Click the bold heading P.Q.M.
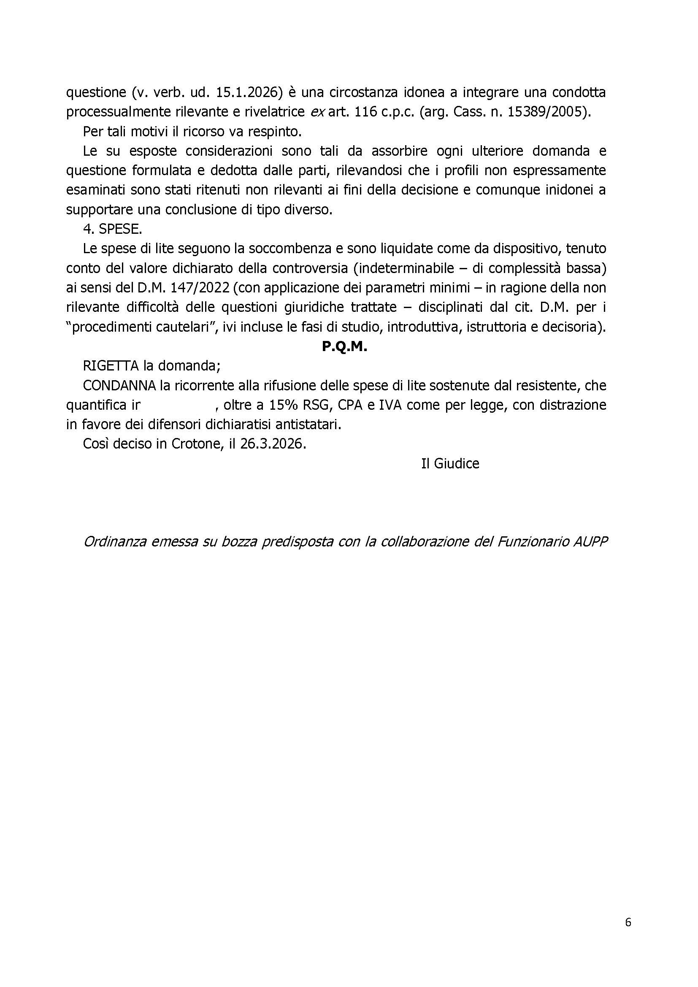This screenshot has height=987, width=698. point(344,347)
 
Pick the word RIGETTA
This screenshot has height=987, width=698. point(111,366)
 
